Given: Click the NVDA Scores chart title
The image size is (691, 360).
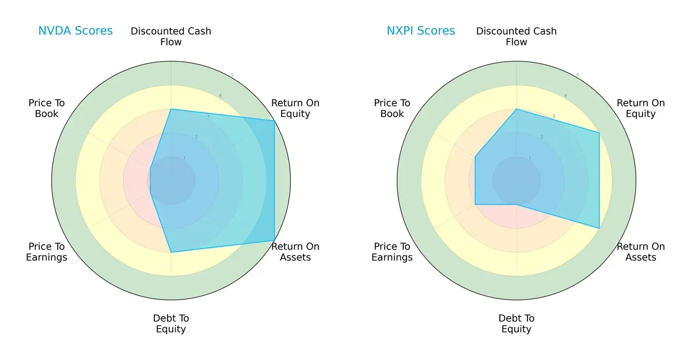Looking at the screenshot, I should [75, 31].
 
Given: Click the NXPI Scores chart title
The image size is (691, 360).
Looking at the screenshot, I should [420, 31].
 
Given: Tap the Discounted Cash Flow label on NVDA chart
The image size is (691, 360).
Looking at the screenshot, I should [171, 36].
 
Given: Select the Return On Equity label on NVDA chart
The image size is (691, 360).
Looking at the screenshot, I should [295, 108].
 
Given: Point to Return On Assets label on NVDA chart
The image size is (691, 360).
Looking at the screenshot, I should [295, 252].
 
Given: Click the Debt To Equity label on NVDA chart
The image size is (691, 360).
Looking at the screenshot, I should [171, 324].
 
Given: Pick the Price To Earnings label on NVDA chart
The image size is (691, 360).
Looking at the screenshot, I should [47, 252].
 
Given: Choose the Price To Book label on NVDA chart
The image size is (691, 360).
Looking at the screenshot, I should [47, 108].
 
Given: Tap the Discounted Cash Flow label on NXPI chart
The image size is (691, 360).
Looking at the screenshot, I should [517, 36].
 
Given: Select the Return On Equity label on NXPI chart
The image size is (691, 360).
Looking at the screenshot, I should [640, 108].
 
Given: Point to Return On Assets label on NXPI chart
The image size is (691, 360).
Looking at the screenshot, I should [640, 252].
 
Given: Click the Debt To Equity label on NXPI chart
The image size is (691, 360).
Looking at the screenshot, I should [517, 324].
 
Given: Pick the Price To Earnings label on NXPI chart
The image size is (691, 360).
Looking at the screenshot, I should [392, 252].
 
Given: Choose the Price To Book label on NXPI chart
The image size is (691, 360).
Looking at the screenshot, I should [392, 108].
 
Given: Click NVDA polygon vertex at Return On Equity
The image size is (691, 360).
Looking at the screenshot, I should [274, 121].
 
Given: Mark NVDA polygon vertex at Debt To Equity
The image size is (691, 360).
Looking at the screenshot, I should [171, 252].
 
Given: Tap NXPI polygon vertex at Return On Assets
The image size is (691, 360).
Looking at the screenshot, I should [599, 228].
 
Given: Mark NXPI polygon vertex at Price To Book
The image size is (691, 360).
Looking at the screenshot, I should [475, 157].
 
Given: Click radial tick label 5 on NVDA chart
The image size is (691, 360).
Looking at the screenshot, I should [232, 75].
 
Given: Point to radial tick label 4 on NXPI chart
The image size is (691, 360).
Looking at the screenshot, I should [565, 96].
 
